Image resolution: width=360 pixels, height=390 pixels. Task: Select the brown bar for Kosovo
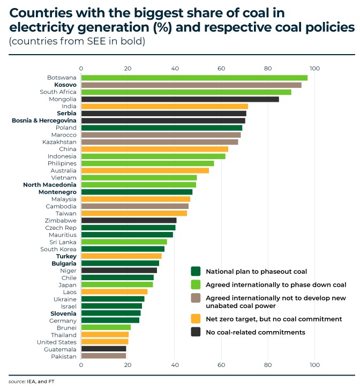[191, 85]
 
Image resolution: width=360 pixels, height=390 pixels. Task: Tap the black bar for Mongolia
[179, 99]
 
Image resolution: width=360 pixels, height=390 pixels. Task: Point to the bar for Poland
[161, 127]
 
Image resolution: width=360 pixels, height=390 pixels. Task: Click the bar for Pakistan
[103, 356]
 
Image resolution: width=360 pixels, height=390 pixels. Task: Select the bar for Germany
[110, 320]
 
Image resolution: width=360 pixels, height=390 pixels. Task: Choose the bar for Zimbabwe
[129, 220]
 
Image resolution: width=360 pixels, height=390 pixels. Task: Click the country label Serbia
[66, 114]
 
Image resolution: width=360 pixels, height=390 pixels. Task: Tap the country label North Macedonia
[50, 185]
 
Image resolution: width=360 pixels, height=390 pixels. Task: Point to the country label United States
[56, 342]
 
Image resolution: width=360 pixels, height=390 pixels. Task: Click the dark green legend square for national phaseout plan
[196, 271]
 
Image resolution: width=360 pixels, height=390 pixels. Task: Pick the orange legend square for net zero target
[196, 319]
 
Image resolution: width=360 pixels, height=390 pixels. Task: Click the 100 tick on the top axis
[314, 69]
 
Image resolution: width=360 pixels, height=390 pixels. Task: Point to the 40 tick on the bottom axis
[175, 365]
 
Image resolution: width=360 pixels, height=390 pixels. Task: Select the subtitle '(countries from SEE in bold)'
[77, 41]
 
